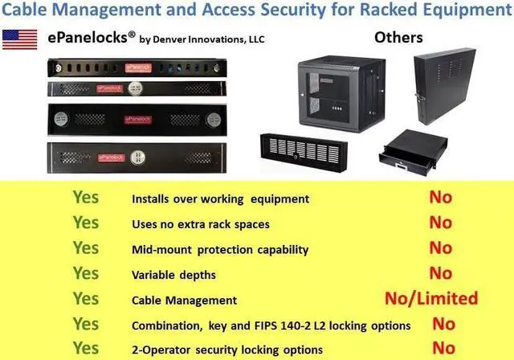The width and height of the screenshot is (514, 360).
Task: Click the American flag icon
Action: point(18,39)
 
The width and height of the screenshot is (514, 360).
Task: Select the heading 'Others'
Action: point(398,37)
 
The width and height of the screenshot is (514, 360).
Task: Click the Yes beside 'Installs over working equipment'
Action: point(86,197)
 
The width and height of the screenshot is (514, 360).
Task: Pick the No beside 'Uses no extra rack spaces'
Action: point(441,222)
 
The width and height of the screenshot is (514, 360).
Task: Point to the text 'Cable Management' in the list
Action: point(184,301)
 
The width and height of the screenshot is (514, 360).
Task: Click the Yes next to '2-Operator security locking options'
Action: point(86,349)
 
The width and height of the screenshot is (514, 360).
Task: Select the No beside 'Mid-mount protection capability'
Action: point(441,247)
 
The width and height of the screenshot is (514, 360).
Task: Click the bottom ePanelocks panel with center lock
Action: point(133,157)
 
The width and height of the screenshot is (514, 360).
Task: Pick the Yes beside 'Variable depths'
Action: point(86,273)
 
